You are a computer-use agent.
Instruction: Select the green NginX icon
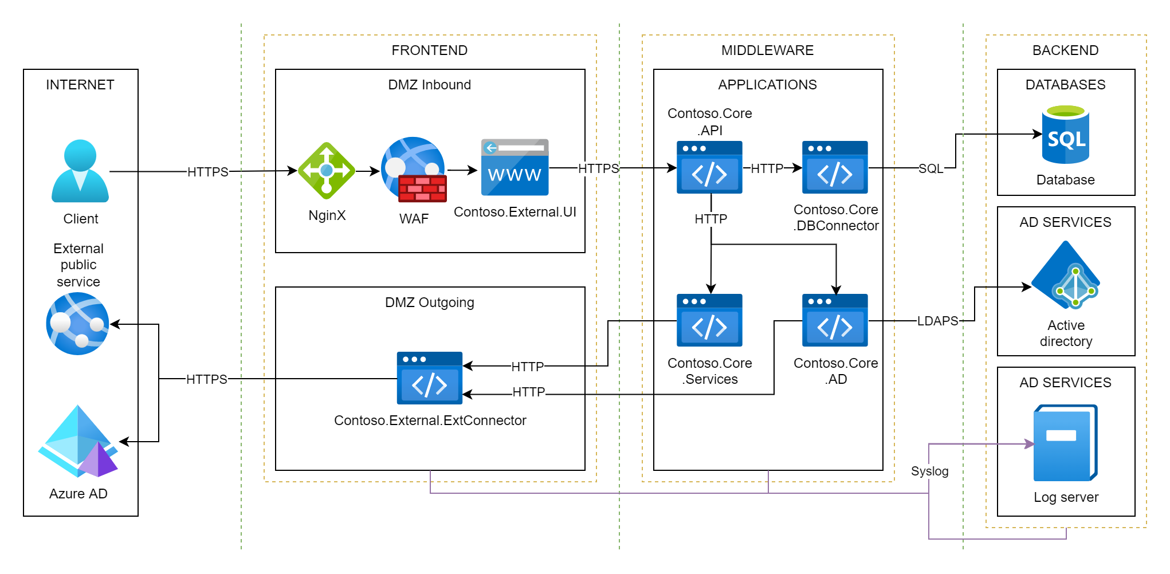coord(327,171)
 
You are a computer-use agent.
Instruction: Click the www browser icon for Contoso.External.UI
coord(515,167)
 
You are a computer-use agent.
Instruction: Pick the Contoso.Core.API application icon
coord(709,167)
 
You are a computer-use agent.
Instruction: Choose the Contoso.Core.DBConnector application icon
coord(835,167)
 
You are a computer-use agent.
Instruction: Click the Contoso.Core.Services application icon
coord(709,320)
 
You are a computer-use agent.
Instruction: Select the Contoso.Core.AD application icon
coord(835,320)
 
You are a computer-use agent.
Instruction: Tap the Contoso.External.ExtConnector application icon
coord(430,378)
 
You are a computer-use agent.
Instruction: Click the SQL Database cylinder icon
coord(1065,135)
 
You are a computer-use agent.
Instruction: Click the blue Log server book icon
coord(1065,443)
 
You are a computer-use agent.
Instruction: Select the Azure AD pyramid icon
coord(78,442)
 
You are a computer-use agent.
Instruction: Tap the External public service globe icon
coord(78,324)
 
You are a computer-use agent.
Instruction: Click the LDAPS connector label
coord(937,321)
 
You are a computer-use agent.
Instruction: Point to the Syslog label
coord(929,471)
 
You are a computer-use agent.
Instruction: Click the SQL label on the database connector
coord(930,168)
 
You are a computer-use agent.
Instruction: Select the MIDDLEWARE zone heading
coord(767,50)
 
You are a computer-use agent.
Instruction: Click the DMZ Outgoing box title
coord(430,302)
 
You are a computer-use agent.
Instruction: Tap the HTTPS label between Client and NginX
coord(207,172)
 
